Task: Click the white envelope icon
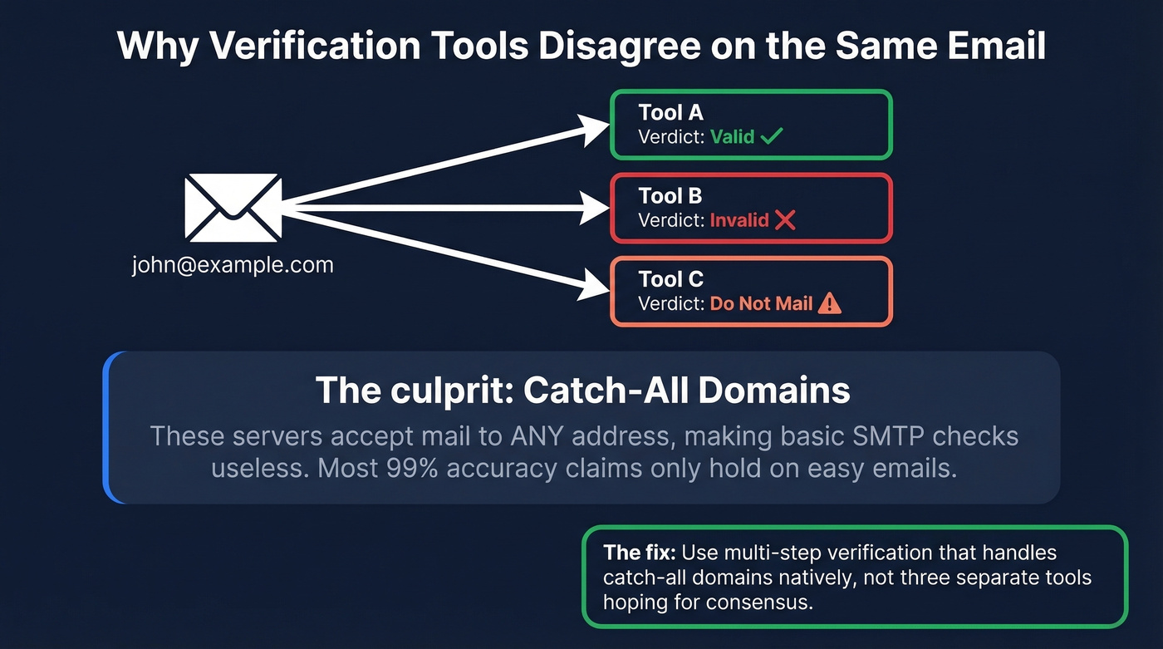pos(232,208)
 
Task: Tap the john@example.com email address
pos(232,266)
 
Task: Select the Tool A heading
pos(670,113)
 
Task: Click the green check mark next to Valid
pos(772,136)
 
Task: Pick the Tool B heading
pos(670,196)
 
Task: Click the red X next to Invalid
pos(785,220)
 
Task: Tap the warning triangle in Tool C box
pos(829,303)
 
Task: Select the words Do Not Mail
pos(761,303)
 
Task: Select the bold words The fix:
pos(639,553)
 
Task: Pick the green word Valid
pos(732,136)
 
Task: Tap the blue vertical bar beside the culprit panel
pos(107,427)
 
